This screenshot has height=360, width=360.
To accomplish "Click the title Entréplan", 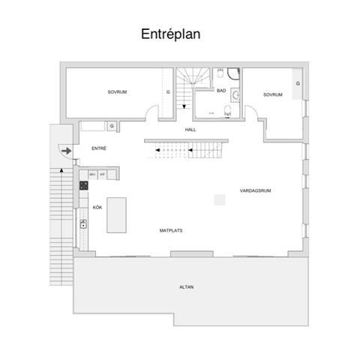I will point(170,34).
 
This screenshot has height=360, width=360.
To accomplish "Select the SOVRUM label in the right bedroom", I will point(271,94).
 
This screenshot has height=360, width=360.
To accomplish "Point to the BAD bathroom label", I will point(221,90).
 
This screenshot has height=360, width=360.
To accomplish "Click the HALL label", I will point(190,130).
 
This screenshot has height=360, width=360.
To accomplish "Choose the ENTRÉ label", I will point(99,148).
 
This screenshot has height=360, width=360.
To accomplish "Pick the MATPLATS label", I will point(169,229).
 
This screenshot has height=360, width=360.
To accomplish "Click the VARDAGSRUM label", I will point(255,190).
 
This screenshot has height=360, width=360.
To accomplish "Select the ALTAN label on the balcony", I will point(186,287).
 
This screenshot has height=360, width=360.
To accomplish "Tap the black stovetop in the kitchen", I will point(84,184).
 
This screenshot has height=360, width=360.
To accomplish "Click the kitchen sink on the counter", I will point(84,223).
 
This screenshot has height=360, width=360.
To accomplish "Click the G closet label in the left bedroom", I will point(168,91).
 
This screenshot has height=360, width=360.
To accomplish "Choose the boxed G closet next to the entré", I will point(111,126).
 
